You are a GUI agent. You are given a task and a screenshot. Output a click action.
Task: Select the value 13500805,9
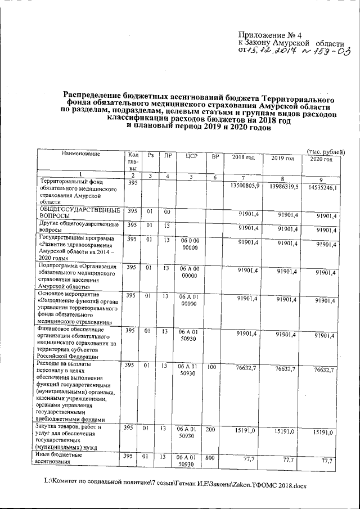coord(245,186)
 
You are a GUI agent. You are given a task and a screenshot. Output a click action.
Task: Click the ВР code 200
coord(212,429)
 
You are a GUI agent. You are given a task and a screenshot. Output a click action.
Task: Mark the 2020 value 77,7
coord(326,461)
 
